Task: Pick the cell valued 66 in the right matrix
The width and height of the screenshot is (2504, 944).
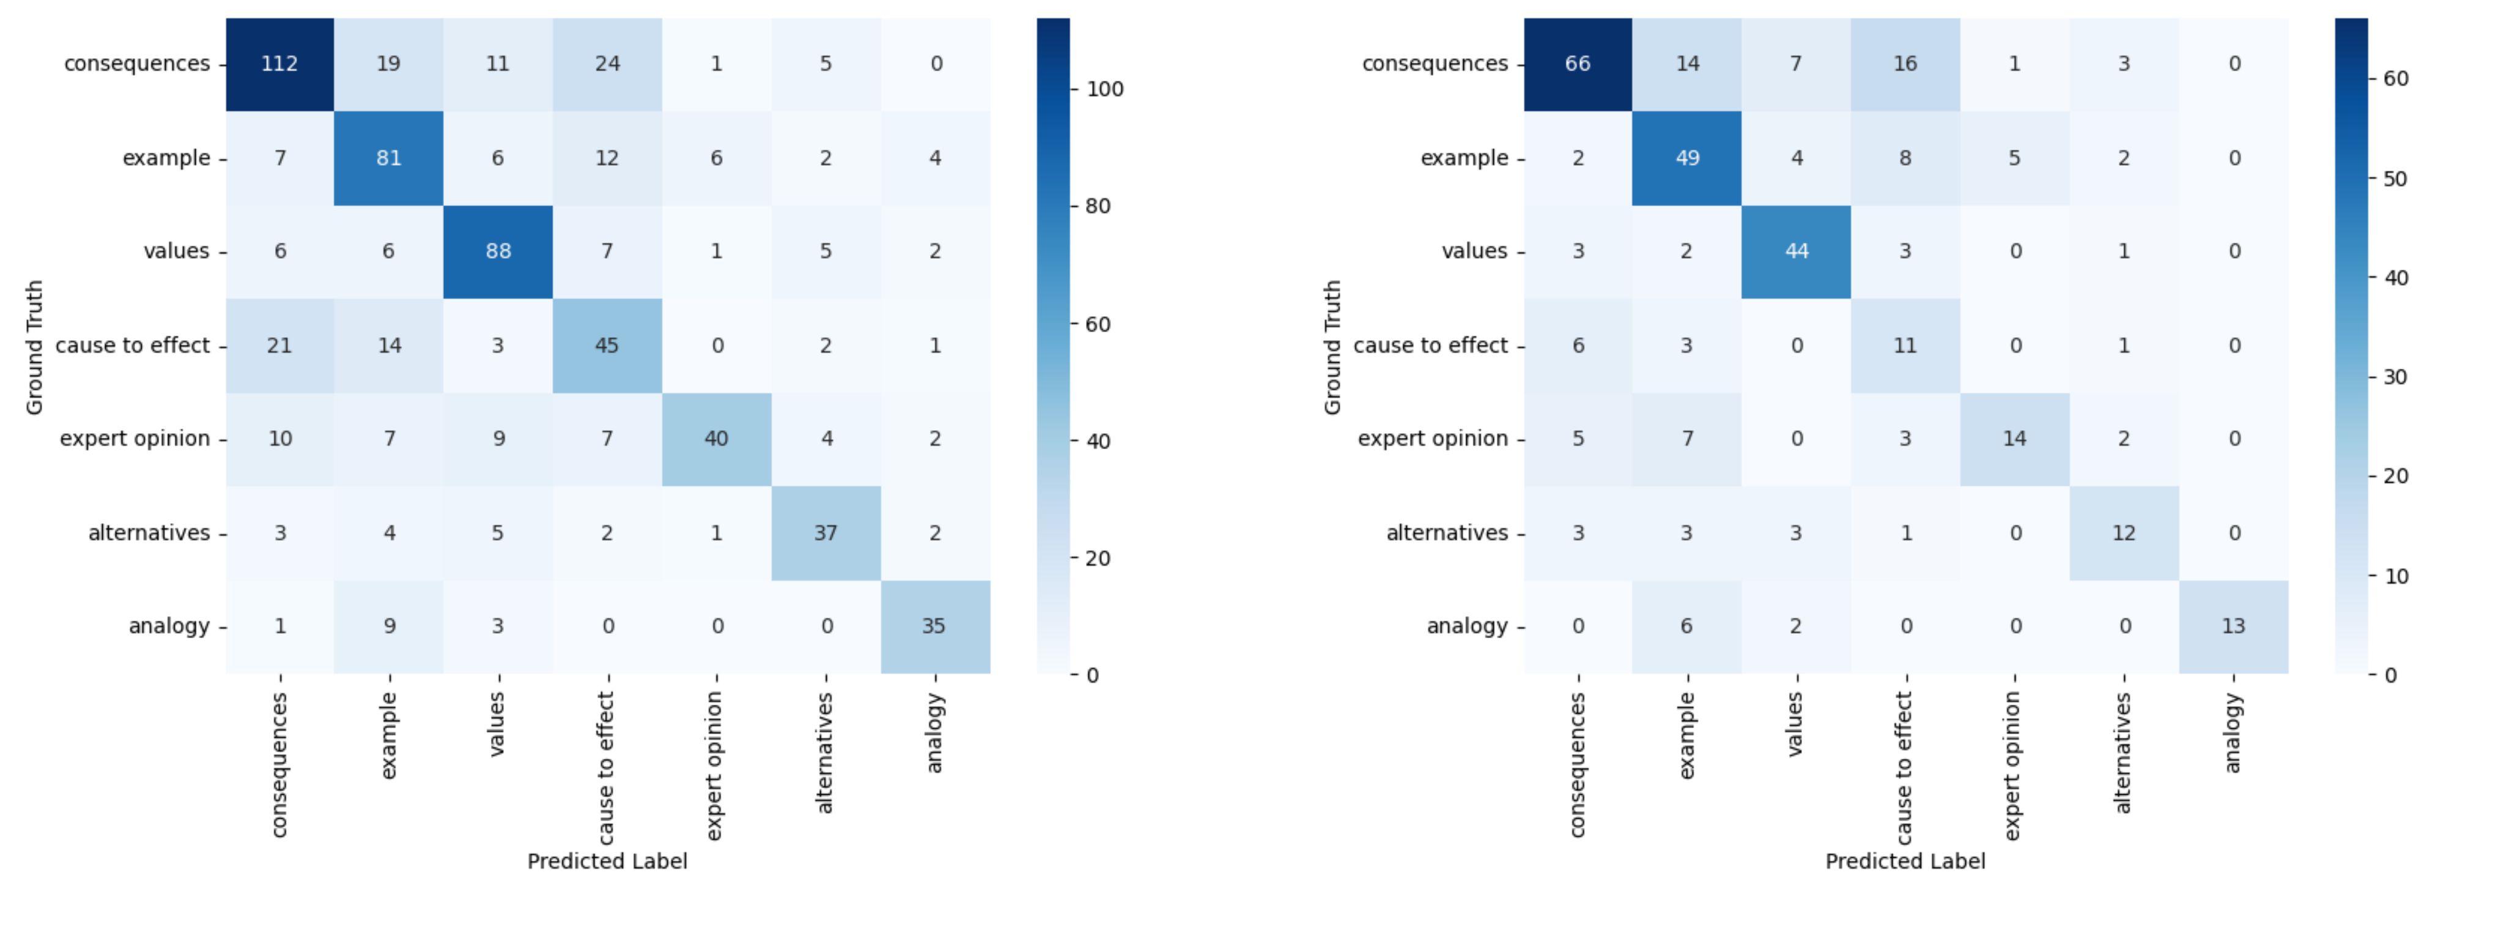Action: pyautogui.click(x=1578, y=64)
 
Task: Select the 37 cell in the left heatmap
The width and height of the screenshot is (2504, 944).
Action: pyautogui.click(x=825, y=533)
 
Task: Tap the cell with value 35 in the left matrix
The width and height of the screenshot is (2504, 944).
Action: pyautogui.click(x=934, y=626)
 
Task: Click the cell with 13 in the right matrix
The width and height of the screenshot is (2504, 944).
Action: pyautogui.click(x=2233, y=626)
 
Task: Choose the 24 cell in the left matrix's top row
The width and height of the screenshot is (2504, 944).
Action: pyautogui.click(x=607, y=64)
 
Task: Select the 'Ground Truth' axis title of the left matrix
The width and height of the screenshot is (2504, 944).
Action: pyautogui.click(x=35, y=347)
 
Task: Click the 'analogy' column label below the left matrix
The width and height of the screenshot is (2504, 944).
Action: pyautogui.click(x=934, y=733)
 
